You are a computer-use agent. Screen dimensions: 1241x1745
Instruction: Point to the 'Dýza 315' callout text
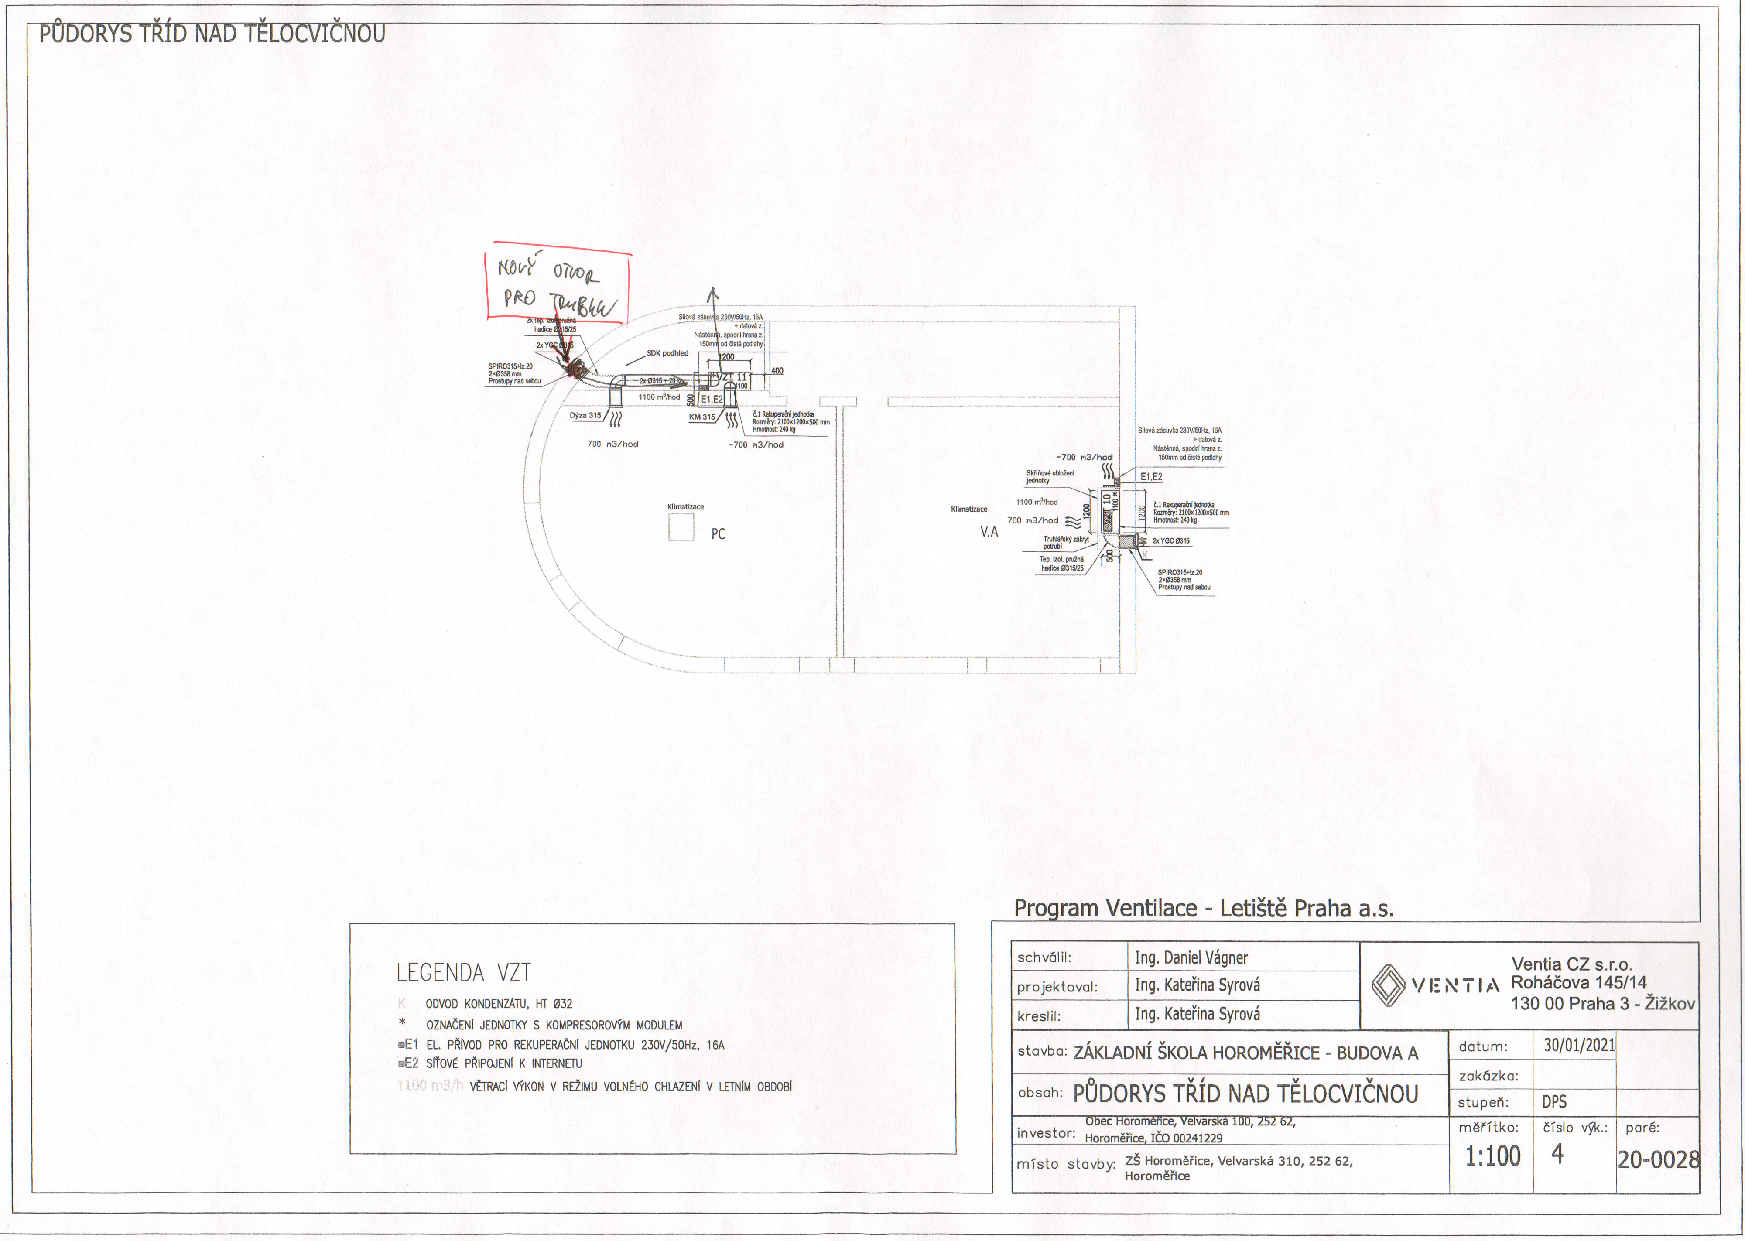[x=585, y=416]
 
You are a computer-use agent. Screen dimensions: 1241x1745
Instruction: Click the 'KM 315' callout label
[x=702, y=417]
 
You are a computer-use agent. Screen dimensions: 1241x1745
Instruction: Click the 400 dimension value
[x=777, y=371]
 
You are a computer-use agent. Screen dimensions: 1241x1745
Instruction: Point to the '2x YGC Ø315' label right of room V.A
[x=1170, y=541]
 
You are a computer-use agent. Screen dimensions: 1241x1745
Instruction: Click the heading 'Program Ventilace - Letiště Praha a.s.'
[x=1203, y=909]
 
